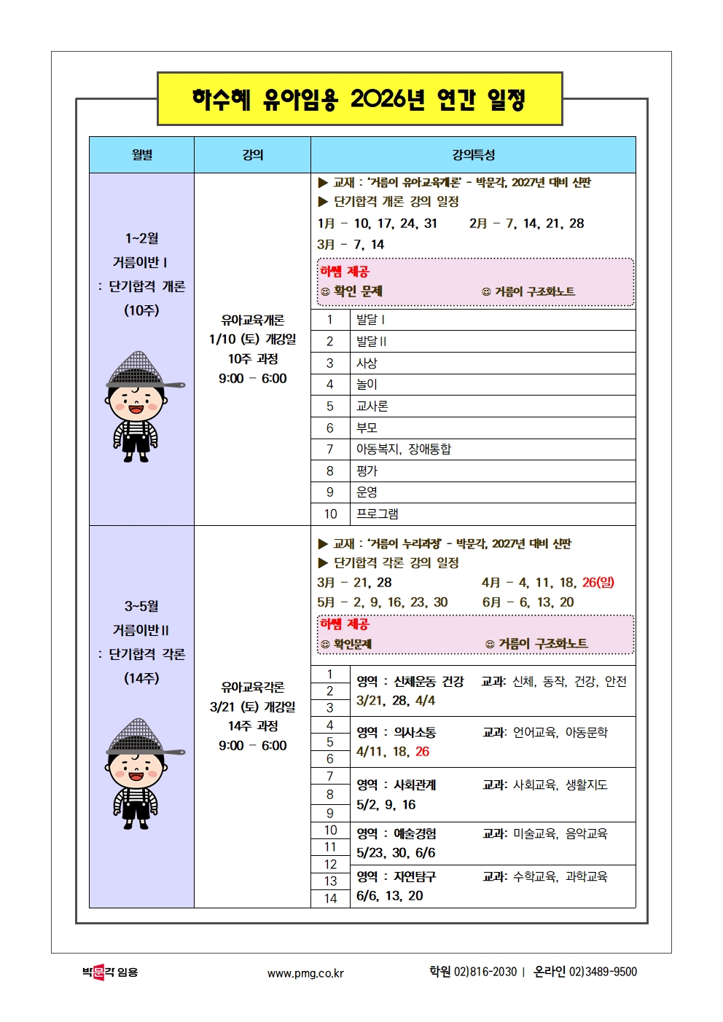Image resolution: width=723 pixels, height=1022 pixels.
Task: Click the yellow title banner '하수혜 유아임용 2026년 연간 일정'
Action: point(359,98)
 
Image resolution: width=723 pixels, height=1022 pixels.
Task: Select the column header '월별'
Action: point(141,154)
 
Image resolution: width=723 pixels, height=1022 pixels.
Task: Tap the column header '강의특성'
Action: point(473,154)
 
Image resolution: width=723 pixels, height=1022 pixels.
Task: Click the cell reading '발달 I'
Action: point(370,320)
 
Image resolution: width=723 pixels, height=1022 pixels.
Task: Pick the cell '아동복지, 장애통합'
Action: point(403,449)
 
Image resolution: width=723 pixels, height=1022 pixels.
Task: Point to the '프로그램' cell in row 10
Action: point(377,514)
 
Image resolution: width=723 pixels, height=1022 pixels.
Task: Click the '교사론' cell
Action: point(372,406)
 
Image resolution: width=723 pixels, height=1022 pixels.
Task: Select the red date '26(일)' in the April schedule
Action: point(598,583)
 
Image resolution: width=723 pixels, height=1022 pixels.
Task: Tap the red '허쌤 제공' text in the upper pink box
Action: point(345,272)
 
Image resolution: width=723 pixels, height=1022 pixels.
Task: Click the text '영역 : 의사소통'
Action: point(396,733)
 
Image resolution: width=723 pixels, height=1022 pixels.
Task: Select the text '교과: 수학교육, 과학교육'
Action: point(544,877)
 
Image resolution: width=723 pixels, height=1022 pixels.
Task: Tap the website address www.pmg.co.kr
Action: point(305,973)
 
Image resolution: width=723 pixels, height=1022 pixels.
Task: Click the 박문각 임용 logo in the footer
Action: point(110,972)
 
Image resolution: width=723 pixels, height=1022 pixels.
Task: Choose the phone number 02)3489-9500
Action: point(603,972)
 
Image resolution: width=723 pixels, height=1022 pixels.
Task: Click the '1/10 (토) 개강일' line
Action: point(252,339)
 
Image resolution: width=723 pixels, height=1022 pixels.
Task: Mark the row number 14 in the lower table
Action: point(330,899)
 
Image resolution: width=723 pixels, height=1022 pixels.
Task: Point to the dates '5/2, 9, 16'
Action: point(386,805)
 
